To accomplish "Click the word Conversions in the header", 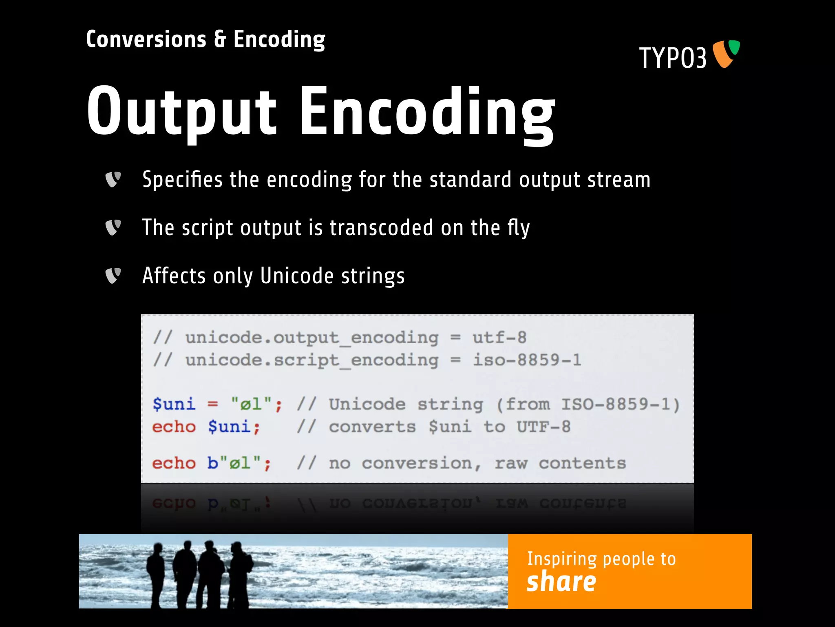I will click(146, 40).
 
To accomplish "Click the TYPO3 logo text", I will click(673, 58).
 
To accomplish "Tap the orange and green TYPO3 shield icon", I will click(726, 53).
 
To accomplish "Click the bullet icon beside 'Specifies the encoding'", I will click(113, 179).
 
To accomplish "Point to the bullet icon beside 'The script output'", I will click(113, 227).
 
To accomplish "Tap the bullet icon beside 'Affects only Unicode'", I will click(113, 276).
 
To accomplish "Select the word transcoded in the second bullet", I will click(381, 227).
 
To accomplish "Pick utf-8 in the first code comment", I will click(499, 338).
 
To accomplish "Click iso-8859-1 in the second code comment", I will click(527, 360).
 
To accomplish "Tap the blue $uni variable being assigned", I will click(174, 404).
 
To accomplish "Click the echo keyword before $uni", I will click(174, 427).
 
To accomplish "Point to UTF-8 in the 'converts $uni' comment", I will click(543, 427).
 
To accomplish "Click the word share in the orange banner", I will click(561, 582).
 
